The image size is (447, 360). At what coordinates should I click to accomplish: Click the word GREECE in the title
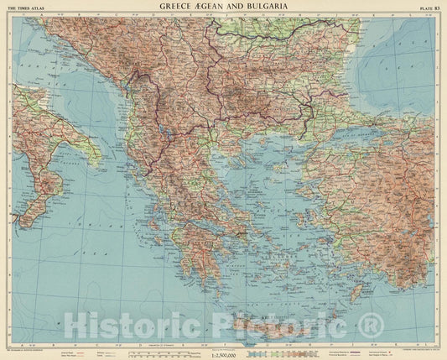click(179, 8)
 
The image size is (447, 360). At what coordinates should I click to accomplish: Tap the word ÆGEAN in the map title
click(214, 8)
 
